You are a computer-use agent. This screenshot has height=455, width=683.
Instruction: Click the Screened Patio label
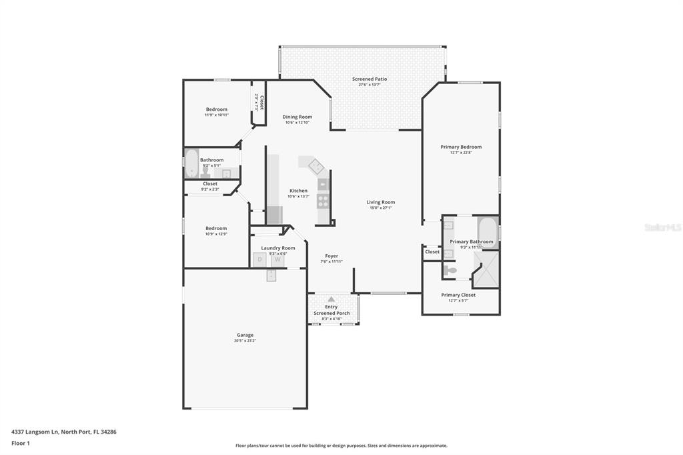click(x=369, y=79)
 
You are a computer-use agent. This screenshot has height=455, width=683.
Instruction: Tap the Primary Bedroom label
click(x=460, y=147)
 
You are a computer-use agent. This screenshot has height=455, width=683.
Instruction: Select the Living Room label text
click(x=380, y=202)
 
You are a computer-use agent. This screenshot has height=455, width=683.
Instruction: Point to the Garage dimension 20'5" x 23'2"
click(x=245, y=341)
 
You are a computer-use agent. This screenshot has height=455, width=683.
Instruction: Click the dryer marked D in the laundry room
click(x=260, y=260)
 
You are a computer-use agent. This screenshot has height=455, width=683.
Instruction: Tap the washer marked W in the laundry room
click(x=277, y=260)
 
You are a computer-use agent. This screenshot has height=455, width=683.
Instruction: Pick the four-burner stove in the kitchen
click(x=323, y=199)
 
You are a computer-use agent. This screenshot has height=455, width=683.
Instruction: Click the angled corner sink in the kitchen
click(x=311, y=165)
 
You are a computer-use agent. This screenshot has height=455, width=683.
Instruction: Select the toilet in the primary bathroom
click(x=451, y=270)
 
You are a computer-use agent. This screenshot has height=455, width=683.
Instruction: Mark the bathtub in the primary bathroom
click(x=488, y=232)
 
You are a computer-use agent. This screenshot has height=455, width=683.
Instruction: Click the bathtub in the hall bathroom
click(x=191, y=164)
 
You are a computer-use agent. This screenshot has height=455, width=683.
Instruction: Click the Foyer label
click(x=331, y=256)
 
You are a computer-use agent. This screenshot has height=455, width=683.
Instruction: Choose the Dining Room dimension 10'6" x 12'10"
click(x=298, y=123)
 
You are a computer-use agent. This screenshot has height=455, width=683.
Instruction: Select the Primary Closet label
click(x=459, y=295)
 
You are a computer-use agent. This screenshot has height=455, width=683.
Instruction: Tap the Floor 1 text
click(x=21, y=443)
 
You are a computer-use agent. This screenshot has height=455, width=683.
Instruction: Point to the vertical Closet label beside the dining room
click(x=261, y=103)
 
